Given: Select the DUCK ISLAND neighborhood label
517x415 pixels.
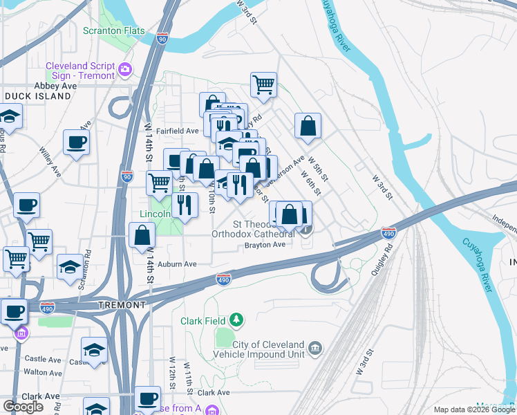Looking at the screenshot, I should [x=37, y=96].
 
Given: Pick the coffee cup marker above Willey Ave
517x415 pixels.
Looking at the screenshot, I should [x=75, y=142].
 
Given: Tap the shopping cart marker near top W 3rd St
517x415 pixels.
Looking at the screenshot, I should [x=263, y=84].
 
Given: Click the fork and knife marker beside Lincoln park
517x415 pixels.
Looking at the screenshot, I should [x=185, y=204].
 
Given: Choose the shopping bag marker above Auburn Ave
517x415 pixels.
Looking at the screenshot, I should [x=142, y=234].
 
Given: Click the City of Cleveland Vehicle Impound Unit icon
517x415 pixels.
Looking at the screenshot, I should [x=314, y=347].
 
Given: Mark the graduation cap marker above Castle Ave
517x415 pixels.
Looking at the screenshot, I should [x=94, y=349].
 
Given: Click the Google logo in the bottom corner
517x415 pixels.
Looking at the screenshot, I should [x=23, y=407].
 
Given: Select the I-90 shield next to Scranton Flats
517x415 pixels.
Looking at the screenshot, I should [x=162, y=39].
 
